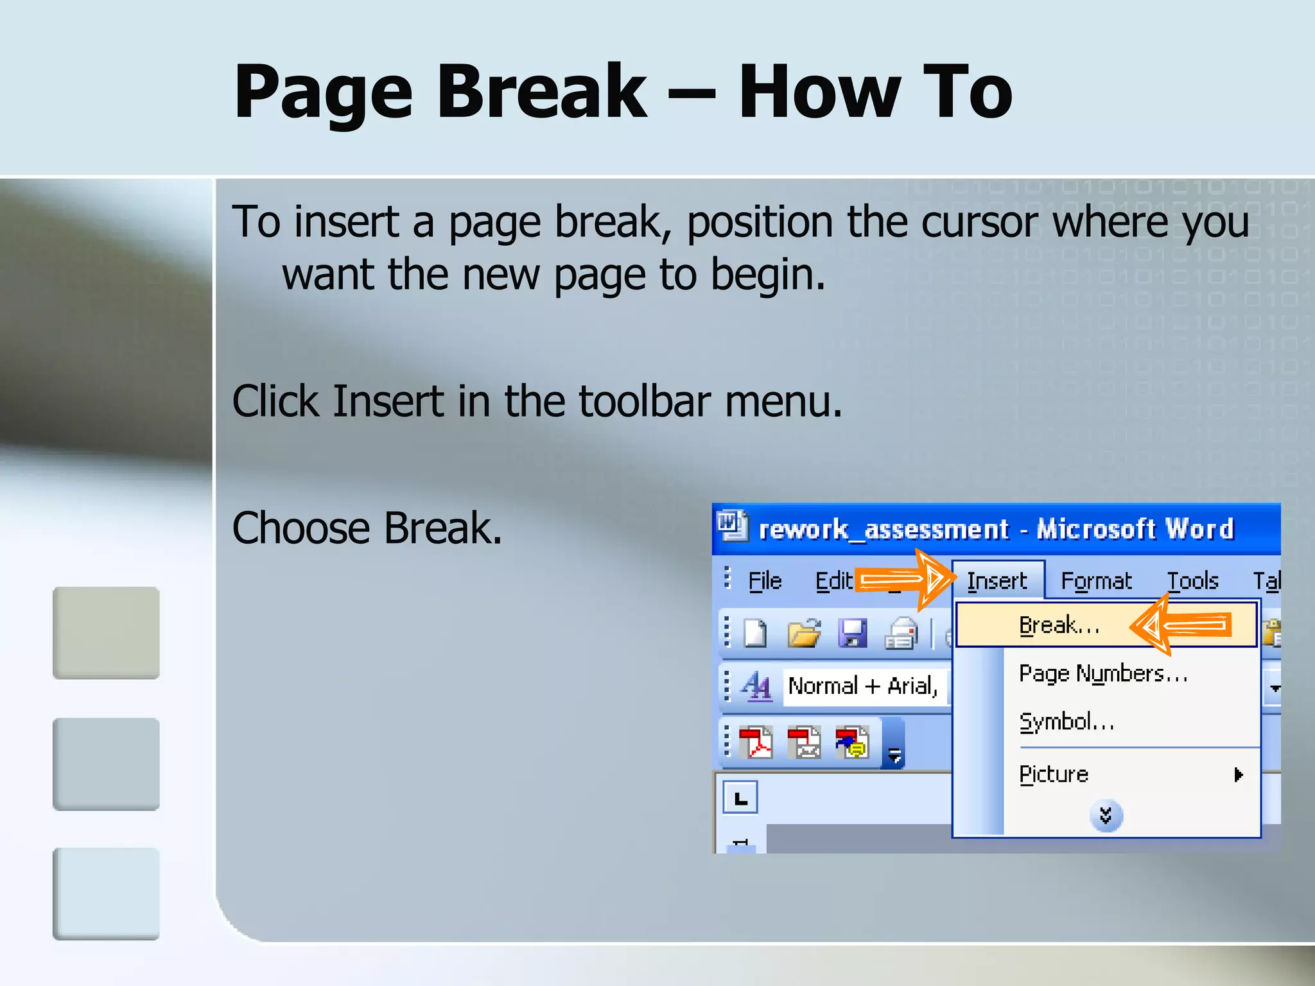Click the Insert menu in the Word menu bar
(x=997, y=581)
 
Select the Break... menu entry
(x=1059, y=625)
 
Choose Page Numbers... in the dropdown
(x=1102, y=673)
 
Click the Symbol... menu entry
(x=1067, y=722)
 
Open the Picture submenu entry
(x=1054, y=774)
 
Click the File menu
(x=765, y=581)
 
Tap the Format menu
(x=1096, y=581)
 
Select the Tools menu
(x=1192, y=581)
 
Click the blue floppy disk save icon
(x=853, y=634)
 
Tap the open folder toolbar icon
(x=804, y=634)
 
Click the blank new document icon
(x=756, y=634)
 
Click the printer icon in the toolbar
(x=901, y=634)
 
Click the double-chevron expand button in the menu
(x=1106, y=816)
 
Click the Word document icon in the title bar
(x=731, y=526)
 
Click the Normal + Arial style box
(x=863, y=686)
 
